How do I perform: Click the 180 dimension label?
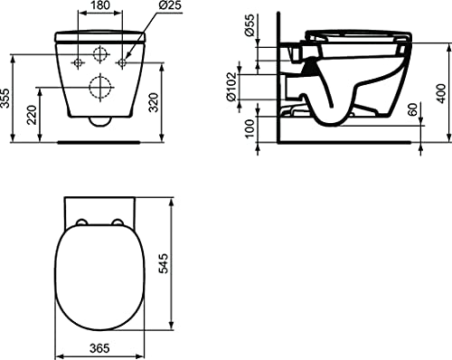pyautogui.click(x=100, y=5)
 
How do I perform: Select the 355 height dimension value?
pyautogui.click(x=5, y=99)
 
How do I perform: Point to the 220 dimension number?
pyautogui.click(x=32, y=115)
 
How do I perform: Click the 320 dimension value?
pyautogui.click(x=154, y=102)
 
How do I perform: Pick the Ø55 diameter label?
pyautogui.click(x=250, y=25)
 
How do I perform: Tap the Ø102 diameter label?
pyautogui.click(x=231, y=87)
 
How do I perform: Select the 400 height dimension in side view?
pyautogui.click(x=441, y=93)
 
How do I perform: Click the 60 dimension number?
pyautogui.click(x=413, y=109)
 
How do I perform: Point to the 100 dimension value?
pyautogui.click(x=250, y=128)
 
